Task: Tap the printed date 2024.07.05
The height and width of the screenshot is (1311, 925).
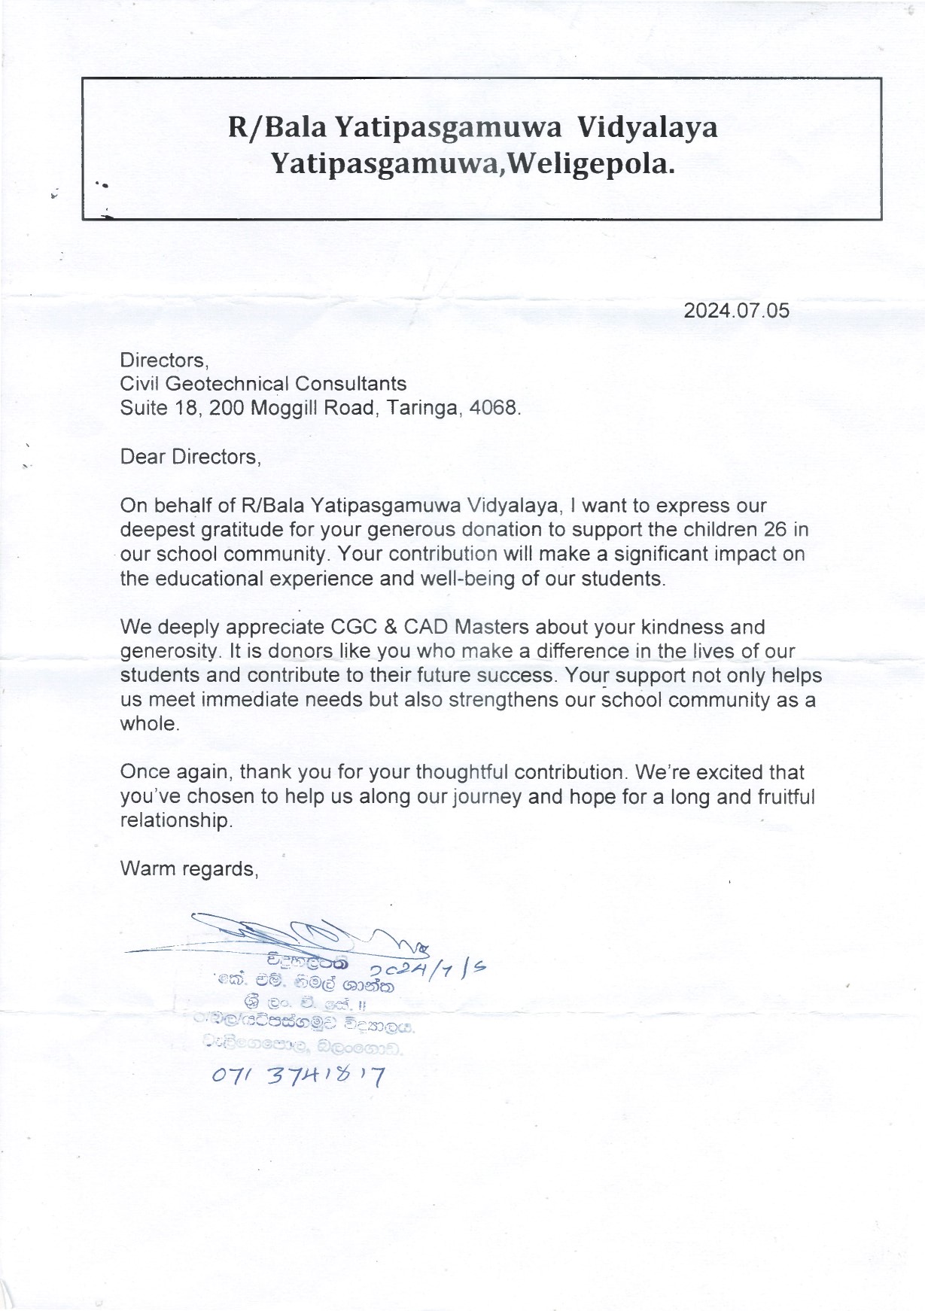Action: coord(736,311)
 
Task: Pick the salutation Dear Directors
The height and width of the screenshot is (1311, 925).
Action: coord(190,457)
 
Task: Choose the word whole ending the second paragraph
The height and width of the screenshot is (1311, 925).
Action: coord(149,724)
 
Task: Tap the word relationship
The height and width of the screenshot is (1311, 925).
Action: coord(175,820)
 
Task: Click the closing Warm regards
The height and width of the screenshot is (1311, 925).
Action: coord(189,869)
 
